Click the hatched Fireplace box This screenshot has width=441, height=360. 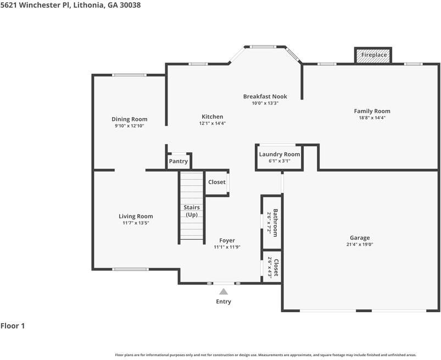[x=373, y=56]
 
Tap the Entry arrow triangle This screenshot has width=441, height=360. [x=224, y=291]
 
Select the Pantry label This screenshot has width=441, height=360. [x=178, y=161]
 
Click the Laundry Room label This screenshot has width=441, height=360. [x=280, y=154]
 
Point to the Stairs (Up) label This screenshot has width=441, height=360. [x=192, y=211]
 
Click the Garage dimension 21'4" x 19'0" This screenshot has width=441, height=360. [x=360, y=245]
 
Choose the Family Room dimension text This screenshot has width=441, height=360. [x=372, y=118]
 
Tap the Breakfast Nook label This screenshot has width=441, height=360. [x=265, y=97]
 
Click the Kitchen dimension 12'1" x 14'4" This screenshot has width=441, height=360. [x=213, y=123]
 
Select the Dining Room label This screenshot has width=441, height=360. [x=130, y=119]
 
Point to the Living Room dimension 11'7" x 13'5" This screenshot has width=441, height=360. [x=136, y=223]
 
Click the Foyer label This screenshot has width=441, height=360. [x=227, y=240]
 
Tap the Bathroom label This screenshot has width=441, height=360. [x=276, y=223]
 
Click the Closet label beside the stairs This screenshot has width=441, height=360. [x=217, y=182]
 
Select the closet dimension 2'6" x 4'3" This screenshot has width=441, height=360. [x=270, y=268]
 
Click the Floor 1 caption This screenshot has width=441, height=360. [x=13, y=326]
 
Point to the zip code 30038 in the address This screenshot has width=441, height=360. [x=130, y=5]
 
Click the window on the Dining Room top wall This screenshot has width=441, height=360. [x=130, y=75]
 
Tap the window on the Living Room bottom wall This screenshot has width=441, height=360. [x=131, y=269]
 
